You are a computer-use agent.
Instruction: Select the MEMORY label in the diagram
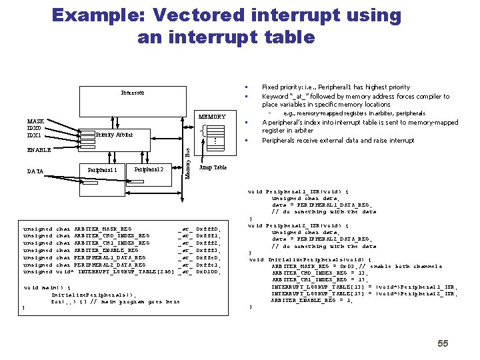[213, 117]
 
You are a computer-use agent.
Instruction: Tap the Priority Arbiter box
[114, 135]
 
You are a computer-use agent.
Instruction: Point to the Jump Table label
[213, 168]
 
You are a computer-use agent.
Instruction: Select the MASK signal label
[36, 121]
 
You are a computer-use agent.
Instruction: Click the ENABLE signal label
[39, 150]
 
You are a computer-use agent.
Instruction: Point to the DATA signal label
[35, 171]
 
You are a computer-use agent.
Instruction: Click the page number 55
[443, 343]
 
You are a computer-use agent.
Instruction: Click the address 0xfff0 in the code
[208, 229]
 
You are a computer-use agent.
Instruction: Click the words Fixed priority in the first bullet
[286, 87]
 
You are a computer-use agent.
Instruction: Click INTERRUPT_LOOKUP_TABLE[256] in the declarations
[126, 272]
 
